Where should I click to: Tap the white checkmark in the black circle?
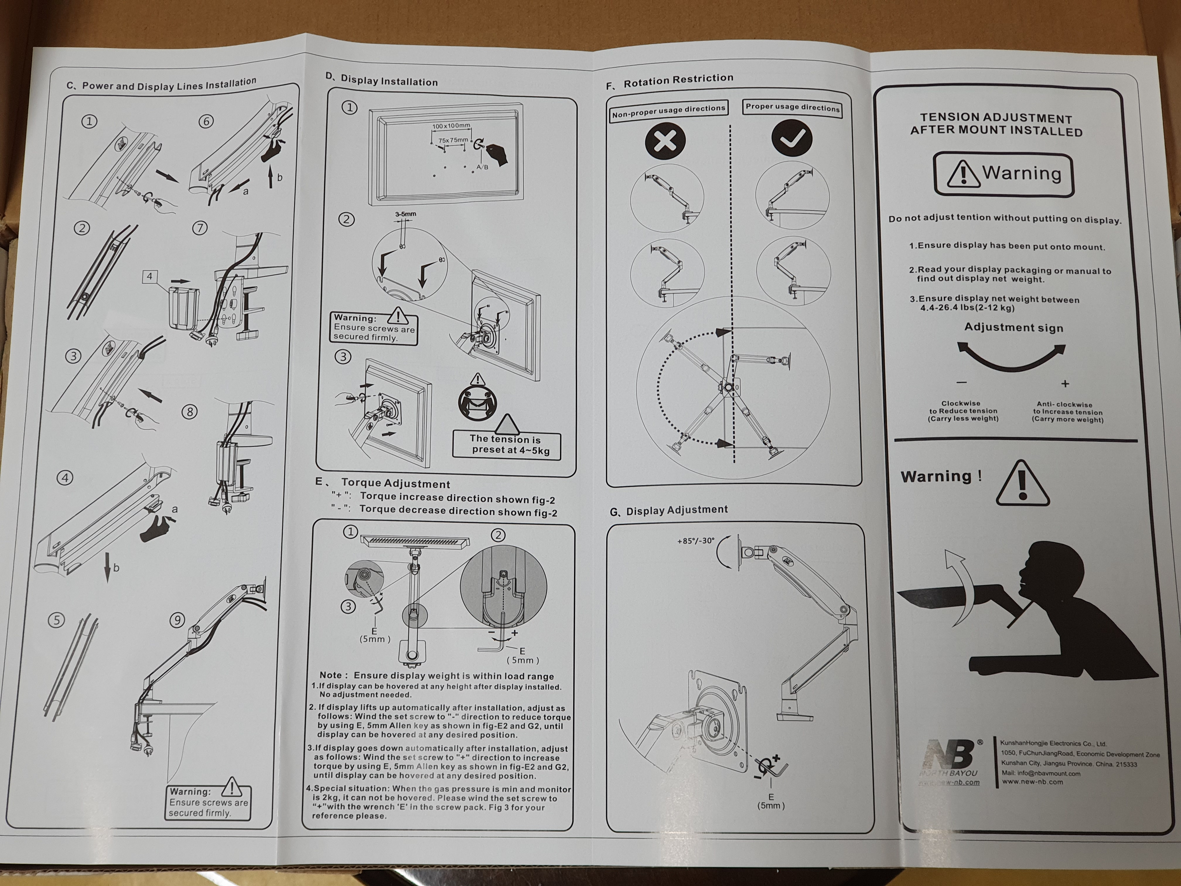(792, 139)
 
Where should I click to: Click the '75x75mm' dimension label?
(453, 140)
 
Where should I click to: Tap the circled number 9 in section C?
(177, 620)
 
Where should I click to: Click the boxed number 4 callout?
(149, 276)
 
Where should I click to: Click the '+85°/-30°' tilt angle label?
(696, 541)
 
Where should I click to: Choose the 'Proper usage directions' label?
(792, 107)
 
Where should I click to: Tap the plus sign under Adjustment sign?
(1065, 384)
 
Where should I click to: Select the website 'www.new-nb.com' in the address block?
(1032, 782)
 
